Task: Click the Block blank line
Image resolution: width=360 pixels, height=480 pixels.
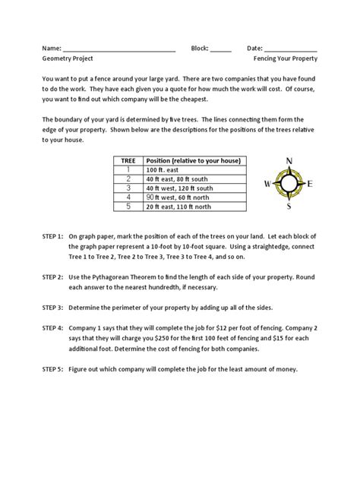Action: tap(220, 50)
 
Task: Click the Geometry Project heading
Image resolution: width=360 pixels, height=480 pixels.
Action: tap(73, 58)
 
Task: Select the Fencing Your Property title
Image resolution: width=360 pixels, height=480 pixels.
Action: tap(286, 58)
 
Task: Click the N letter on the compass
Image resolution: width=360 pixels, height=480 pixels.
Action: tap(289, 160)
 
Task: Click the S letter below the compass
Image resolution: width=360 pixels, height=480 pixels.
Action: tap(289, 206)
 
